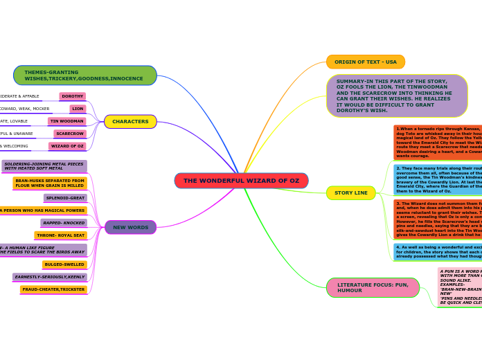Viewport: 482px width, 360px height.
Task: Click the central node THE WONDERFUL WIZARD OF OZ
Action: pos(241,181)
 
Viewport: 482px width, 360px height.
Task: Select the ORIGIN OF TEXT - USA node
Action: pos(365,62)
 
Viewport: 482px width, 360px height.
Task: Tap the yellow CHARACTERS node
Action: pos(130,122)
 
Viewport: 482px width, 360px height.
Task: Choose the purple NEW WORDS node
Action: pos(130,227)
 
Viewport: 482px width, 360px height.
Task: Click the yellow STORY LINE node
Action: pos(350,193)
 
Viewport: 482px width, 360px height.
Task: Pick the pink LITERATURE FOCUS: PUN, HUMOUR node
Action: pos(373,287)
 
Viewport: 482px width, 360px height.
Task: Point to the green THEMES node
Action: pos(84,75)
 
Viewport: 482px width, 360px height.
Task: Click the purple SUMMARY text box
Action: pos(396,96)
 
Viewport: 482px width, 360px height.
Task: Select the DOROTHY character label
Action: pos(73,97)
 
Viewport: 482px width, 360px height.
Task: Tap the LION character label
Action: pos(78,109)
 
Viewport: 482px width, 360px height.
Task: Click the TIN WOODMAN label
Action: pos(67,121)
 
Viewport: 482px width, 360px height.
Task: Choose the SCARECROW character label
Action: pos(70,134)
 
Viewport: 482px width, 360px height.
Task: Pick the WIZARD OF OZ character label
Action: pos(67,146)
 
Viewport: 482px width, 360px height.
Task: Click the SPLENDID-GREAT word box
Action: pos(66,198)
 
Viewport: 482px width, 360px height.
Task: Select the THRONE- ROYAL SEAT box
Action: pos(61,235)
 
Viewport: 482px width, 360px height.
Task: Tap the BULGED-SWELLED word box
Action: pos(64,264)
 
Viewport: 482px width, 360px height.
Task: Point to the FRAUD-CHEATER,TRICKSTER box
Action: pos(54,289)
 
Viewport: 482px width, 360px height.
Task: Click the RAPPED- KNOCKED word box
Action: pos(64,223)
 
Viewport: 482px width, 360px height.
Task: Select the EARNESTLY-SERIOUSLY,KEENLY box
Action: pos(50,277)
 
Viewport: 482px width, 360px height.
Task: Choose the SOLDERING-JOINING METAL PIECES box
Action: pos(44,166)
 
